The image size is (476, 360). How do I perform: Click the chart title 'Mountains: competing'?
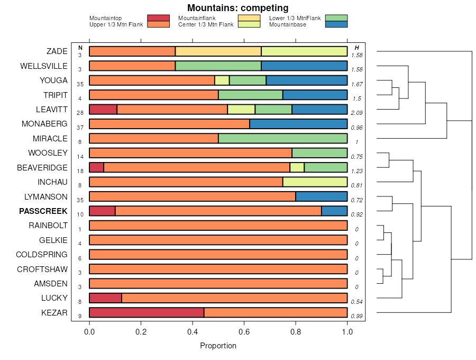click(x=238, y=8)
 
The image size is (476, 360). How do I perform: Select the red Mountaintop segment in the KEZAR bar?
click(x=147, y=313)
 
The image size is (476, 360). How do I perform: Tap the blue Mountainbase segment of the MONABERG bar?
click(x=298, y=124)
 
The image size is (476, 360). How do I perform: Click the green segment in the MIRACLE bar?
click(x=282, y=139)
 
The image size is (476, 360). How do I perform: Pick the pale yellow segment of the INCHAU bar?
click(x=315, y=182)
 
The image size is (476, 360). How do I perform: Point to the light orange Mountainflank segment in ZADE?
click(x=218, y=51)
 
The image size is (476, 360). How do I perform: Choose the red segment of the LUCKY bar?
click(x=105, y=298)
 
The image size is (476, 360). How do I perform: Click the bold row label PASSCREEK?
click(x=43, y=211)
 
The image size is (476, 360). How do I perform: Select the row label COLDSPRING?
click(x=42, y=255)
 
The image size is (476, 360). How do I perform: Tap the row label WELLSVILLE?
click(x=44, y=66)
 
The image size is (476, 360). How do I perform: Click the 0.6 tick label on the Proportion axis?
click(x=244, y=332)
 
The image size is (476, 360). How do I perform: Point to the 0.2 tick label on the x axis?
click(x=141, y=332)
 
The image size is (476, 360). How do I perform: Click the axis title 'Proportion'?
click(x=218, y=346)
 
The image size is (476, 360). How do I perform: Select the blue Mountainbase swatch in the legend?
click(x=336, y=24)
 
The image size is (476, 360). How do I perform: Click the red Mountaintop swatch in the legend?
click(x=158, y=19)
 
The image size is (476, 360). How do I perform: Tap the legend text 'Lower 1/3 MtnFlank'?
click(x=295, y=19)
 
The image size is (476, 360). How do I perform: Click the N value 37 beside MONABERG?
click(x=80, y=128)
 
